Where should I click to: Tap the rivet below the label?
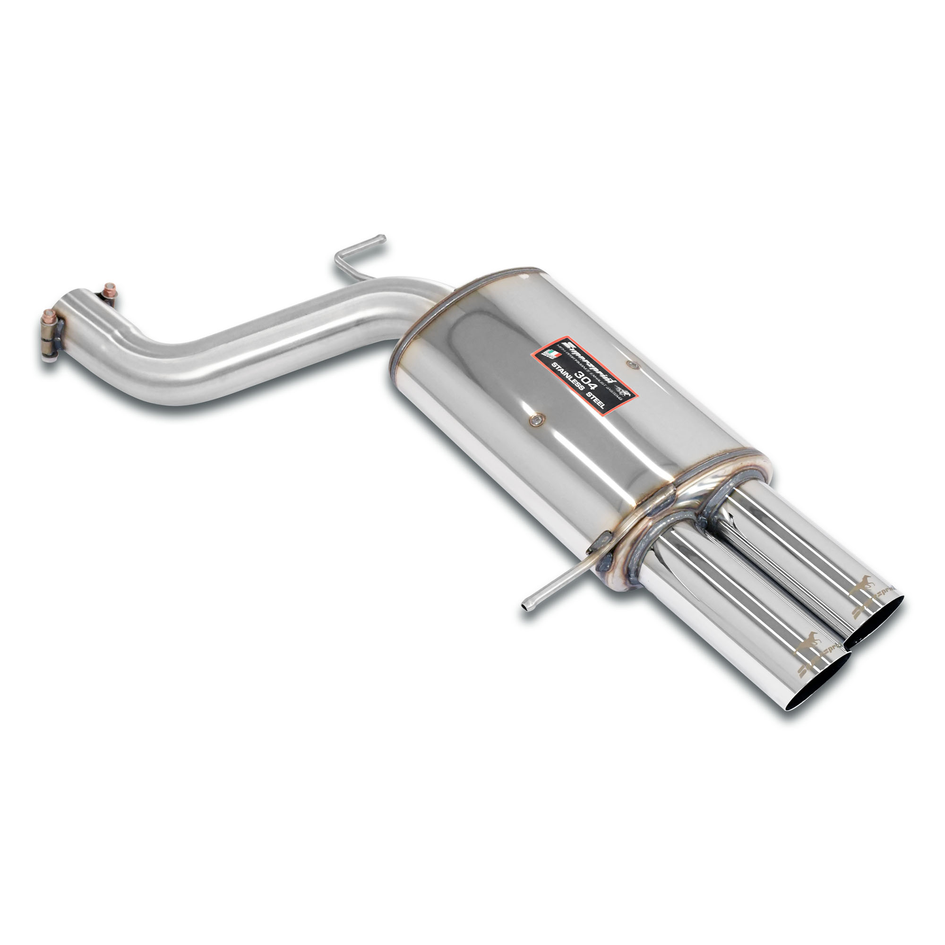pos(538,419)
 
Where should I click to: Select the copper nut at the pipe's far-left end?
pos(48,315)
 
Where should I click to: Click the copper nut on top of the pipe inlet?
pos(110,289)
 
